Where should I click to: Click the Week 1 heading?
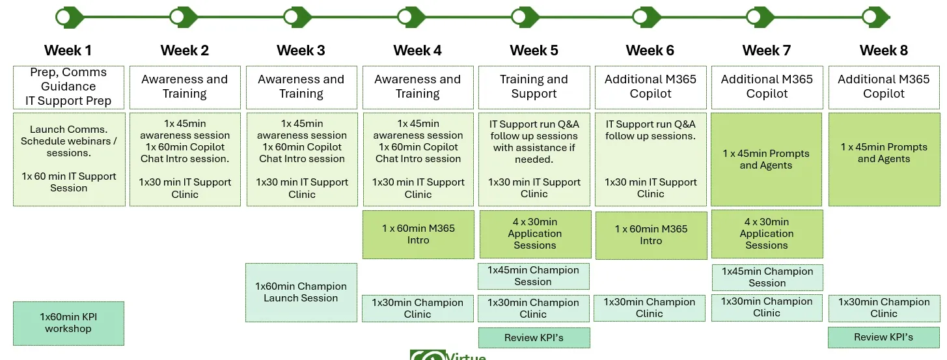tap(68, 51)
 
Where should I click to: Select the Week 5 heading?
tap(534, 51)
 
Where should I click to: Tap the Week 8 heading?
tap(883, 51)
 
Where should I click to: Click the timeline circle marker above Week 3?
tap(292, 17)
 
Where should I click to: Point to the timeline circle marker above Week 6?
tap(639, 17)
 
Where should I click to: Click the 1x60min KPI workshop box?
tap(68, 323)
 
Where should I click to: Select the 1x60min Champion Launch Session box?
tap(301, 292)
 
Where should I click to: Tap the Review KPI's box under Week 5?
tap(534, 338)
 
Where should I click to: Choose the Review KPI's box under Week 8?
tap(883, 337)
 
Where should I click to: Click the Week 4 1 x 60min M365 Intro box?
tap(418, 234)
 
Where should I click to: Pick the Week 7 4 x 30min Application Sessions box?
tap(767, 234)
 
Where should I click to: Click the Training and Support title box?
tap(534, 87)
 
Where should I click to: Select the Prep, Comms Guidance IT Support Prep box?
tap(68, 87)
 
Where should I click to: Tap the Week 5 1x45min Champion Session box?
tap(533, 276)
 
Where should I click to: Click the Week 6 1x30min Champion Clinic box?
tap(649, 308)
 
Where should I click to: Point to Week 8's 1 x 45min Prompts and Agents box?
tap(883, 159)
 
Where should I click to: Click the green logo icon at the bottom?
tap(427, 355)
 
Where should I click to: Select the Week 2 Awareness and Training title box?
tap(185, 87)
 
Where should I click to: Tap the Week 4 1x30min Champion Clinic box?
tap(417, 309)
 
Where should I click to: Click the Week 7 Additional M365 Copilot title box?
tap(767, 87)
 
